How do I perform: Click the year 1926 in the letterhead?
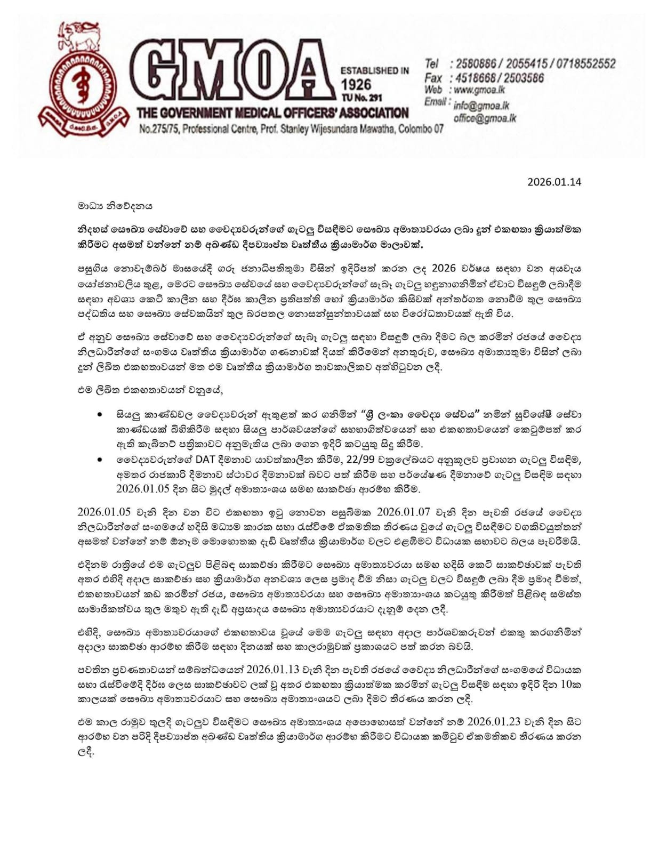coord(356,85)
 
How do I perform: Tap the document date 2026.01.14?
coord(554,182)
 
